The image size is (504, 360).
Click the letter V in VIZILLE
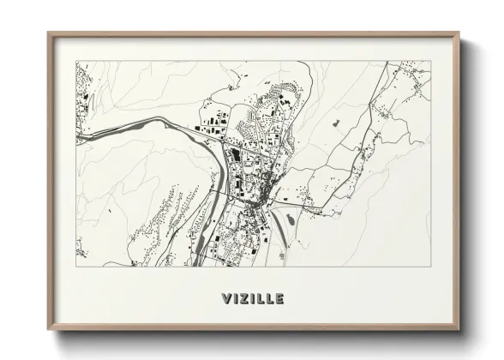(x=224, y=299)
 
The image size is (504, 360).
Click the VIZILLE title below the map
(x=251, y=299)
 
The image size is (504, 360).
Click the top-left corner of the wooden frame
(x=49, y=34)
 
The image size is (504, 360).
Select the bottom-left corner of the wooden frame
(x=49, y=330)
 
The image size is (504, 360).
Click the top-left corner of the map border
(x=76, y=61)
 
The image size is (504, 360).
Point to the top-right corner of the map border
(x=431, y=61)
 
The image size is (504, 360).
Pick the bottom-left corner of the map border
(x=76, y=266)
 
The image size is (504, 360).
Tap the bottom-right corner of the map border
(x=431, y=266)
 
